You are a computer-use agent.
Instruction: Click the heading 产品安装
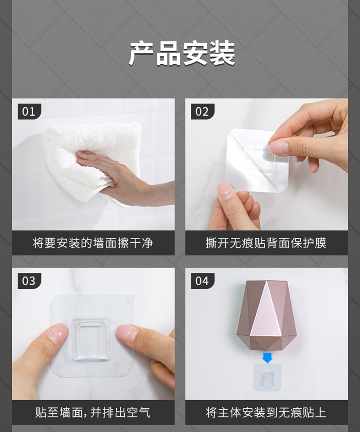click(x=182, y=54)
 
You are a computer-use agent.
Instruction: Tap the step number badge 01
click(x=29, y=112)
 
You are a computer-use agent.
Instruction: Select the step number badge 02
click(x=202, y=112)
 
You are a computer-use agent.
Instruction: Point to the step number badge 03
click(x=29, y=281)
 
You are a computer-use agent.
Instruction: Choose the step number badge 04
click(x=202, y=281)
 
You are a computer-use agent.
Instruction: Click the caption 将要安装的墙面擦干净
click(x=93, y=243)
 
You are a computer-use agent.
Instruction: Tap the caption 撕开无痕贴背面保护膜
click(x=266, y=243)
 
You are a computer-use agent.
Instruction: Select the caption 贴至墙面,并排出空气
click(x=93, y=412)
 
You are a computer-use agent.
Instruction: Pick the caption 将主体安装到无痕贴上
click(x=266, y=412)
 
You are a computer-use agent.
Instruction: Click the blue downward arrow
click(x=267, y=358)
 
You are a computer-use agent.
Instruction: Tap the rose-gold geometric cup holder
click(x=266, y=315)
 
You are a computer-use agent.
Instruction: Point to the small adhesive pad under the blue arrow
click(x=267, y=377)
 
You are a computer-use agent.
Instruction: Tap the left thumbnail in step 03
click(x=58, y=333)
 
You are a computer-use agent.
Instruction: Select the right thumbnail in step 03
click(x=127, y=334)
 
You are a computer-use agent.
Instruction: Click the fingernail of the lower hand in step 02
click(x=225, y=192)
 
